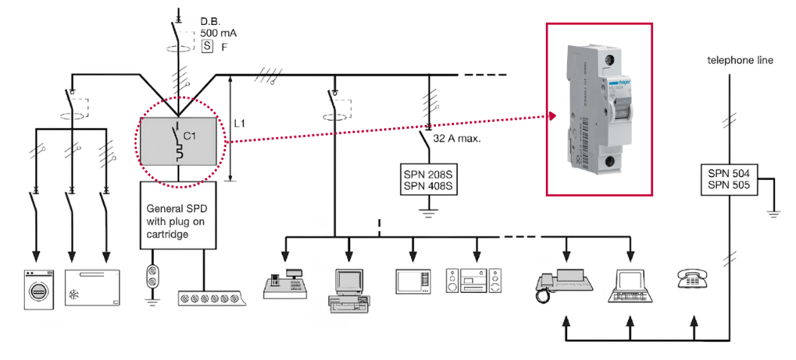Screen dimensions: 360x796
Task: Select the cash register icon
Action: pyautogui.click(x=284, y=284)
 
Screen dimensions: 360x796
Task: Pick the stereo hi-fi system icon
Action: pyautogui.click(x=474, y=280)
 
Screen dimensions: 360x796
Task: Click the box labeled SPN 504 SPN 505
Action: pyautogui.click(x=728, y=180)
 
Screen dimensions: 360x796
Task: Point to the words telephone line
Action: pyautogui.click(x=740, y=60)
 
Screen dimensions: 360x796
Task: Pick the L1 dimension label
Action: pyautogui.click(x=241, y=123)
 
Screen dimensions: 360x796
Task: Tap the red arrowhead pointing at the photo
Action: pyautogui.click(x=552, y=116)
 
